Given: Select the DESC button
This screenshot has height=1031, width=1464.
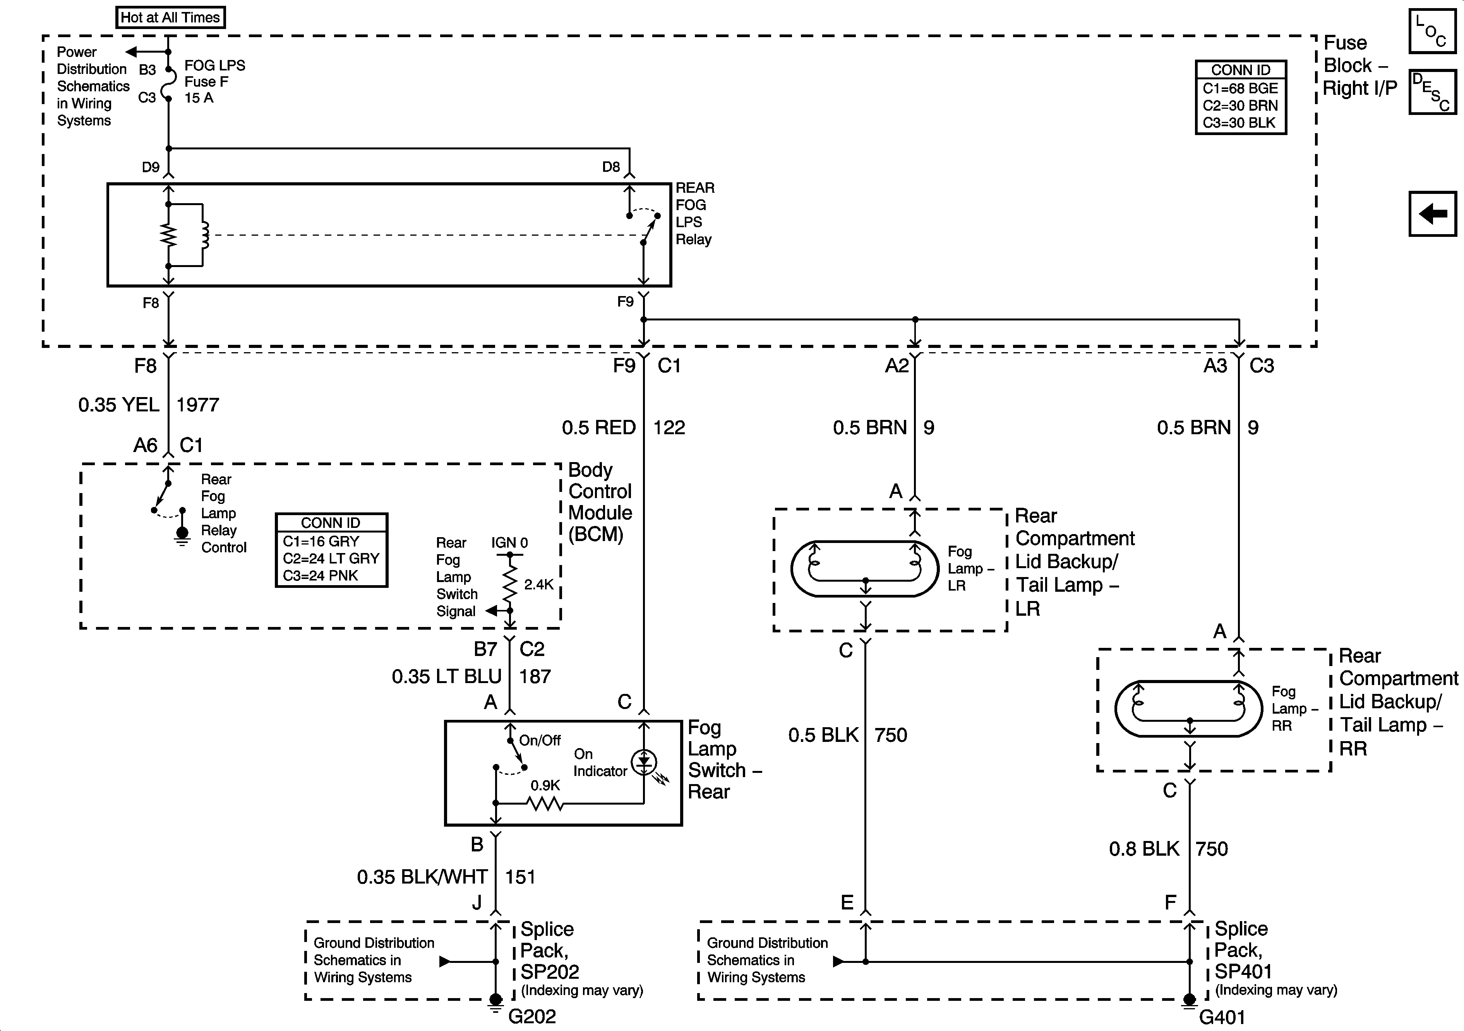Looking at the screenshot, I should pos(1432,92).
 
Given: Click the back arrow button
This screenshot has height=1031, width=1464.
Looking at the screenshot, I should pos(1432,214).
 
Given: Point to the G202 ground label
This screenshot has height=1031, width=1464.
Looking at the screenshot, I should pos(532,1016).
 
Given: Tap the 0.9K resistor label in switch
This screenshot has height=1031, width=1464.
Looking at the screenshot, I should pos(545,786).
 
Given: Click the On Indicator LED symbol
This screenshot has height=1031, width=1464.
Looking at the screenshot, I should pos(644,761).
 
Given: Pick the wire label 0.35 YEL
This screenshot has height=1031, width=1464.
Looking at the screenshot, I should pos(118,405).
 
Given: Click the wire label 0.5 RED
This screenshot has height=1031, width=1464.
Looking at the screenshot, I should pos(598,428).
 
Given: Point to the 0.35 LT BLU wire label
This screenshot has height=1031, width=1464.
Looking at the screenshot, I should pos(446,676).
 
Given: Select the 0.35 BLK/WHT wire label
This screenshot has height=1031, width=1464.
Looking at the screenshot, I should pos(422,877).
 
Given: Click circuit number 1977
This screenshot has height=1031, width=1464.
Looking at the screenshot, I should pos(198,405).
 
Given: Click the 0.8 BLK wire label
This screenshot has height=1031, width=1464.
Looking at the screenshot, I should pos(1144,849).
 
